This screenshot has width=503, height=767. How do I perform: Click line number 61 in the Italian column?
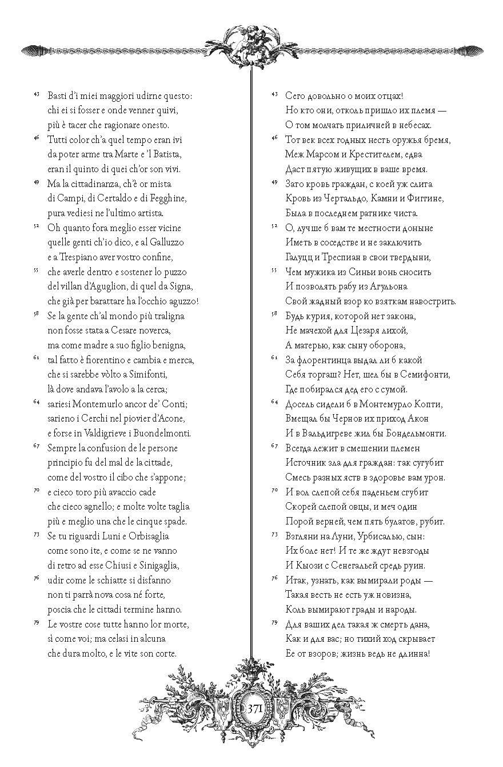coord(36,357)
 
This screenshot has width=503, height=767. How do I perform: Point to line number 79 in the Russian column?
coord(274,621)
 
